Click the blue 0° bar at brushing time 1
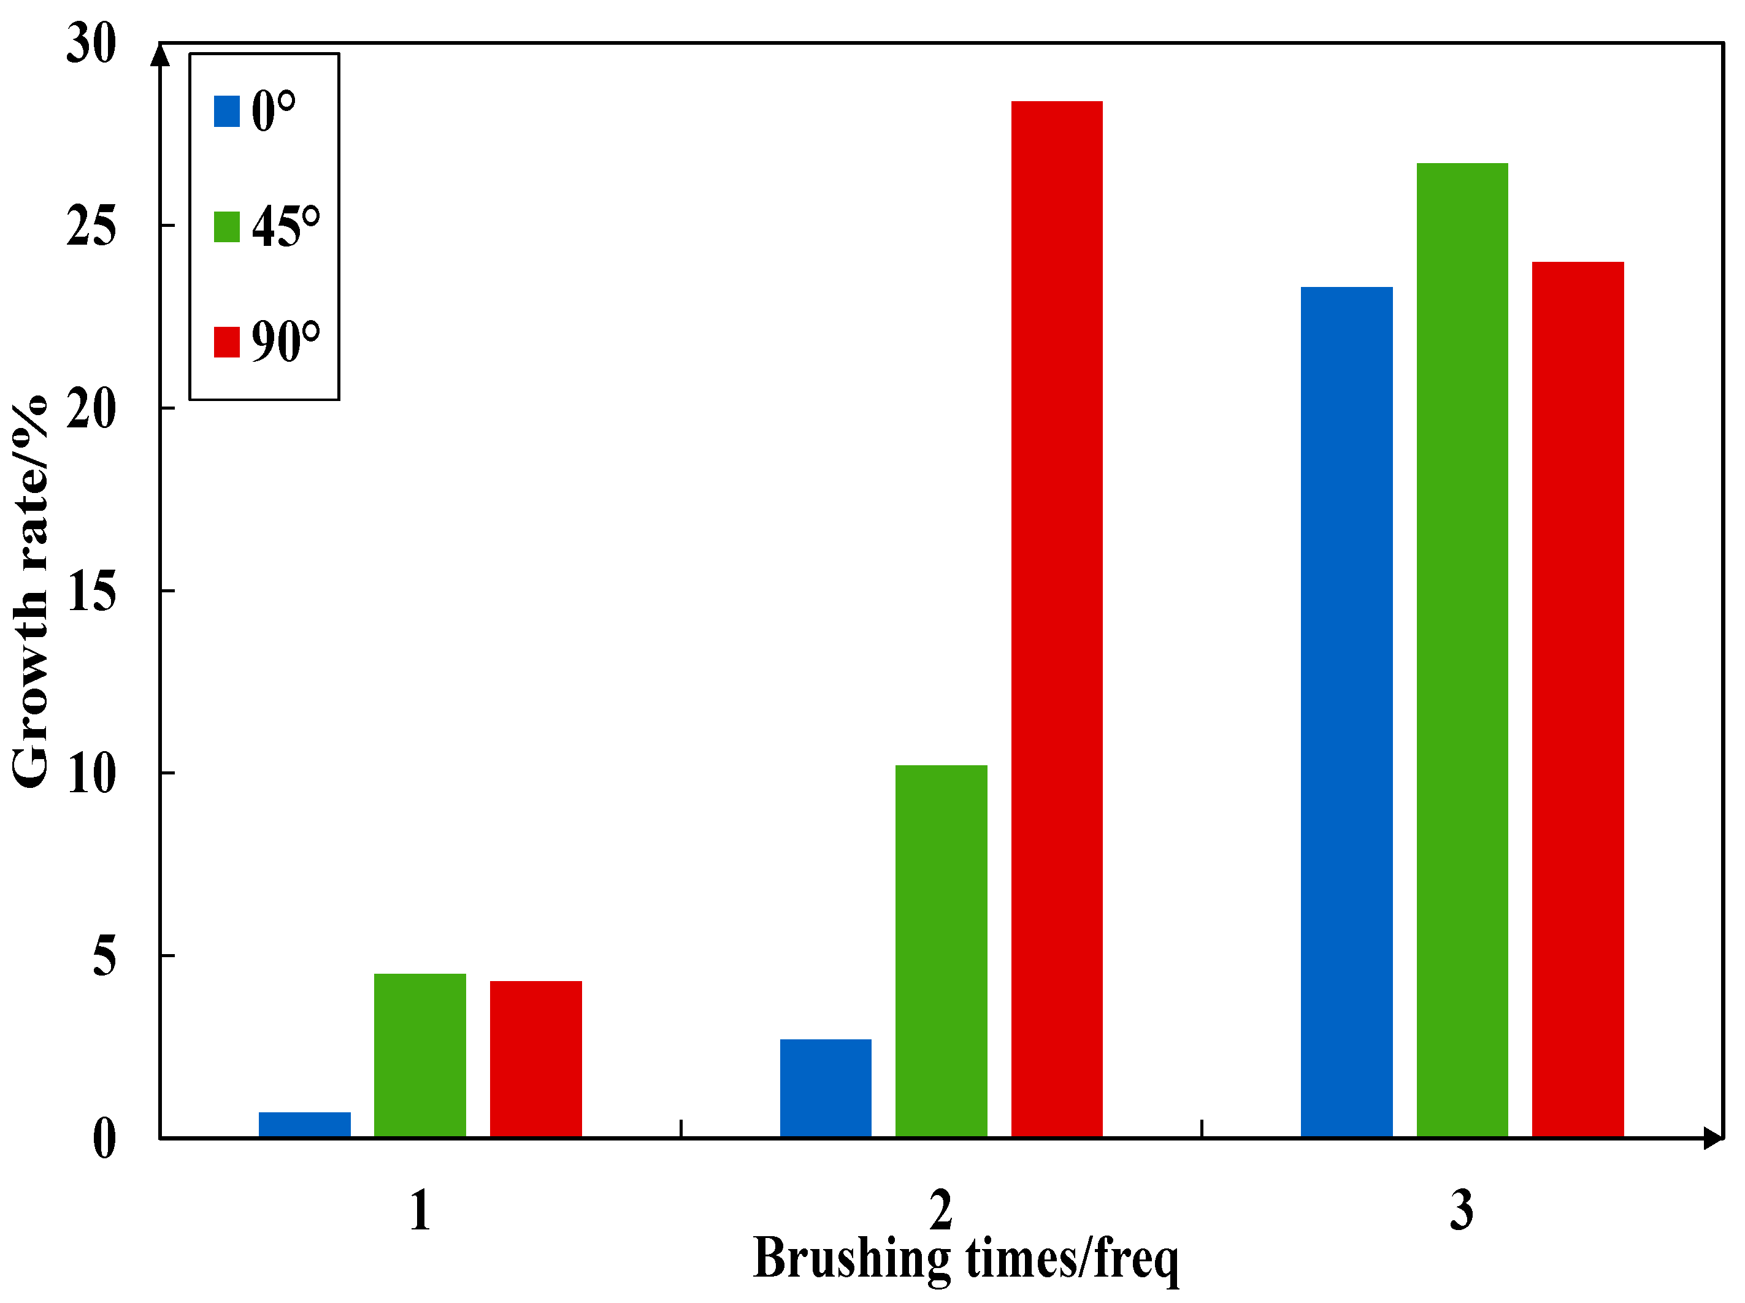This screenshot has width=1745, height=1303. click(304, 1125)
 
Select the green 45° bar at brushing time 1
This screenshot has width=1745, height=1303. click(420, 1055)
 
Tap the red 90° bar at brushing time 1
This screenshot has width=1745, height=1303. click(535, 1060)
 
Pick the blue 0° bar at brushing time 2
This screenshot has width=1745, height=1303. click(825, 1088)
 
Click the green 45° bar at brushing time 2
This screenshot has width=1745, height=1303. click(941, 951)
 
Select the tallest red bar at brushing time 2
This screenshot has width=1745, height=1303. click(1056, 619)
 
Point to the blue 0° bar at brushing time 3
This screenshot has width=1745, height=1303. click(1346, 713)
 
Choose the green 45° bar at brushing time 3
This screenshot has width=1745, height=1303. click(1462, 650)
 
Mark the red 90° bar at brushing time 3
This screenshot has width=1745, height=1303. click(1578, 700)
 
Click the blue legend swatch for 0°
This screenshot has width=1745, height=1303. click(226, 111)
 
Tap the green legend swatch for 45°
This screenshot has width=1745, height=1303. click(226, 227)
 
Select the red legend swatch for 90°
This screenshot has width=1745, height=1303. click(226, 342)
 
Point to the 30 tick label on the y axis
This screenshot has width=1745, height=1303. click(91, 44)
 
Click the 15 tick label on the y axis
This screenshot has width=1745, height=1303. click(91, 592)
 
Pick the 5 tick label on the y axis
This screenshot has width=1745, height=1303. click(104, 957)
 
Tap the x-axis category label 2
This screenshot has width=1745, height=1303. click(940, 1211)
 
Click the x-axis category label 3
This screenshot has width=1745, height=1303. click(1461, 1211)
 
